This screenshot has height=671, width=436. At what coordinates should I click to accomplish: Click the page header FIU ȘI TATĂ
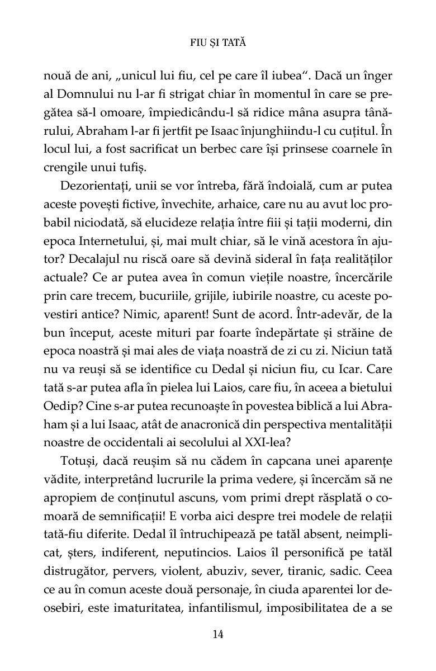coord(218,42)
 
